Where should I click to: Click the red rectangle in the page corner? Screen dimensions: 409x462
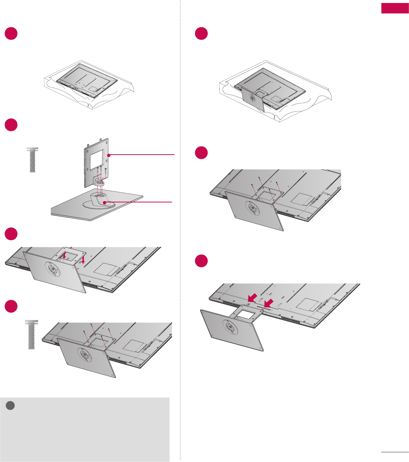coord(395,8)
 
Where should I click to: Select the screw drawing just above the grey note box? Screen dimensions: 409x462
coord(32,334)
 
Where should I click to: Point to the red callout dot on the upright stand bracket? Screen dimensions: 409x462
coord(108,154)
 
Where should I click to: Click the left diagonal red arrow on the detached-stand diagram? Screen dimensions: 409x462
coord(253,297)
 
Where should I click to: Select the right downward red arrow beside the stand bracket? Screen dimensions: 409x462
coord(83,259)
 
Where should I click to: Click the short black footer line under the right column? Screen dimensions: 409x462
coord(395,452)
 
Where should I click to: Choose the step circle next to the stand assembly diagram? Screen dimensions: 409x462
coord(12,125)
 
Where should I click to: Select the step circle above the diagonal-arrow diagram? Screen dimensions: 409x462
coord(201,261)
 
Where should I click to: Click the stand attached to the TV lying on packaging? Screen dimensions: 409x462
coord(252,97)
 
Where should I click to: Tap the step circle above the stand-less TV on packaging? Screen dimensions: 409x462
coord(12,33)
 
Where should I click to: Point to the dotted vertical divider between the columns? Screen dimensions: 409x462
coord(180,232)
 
